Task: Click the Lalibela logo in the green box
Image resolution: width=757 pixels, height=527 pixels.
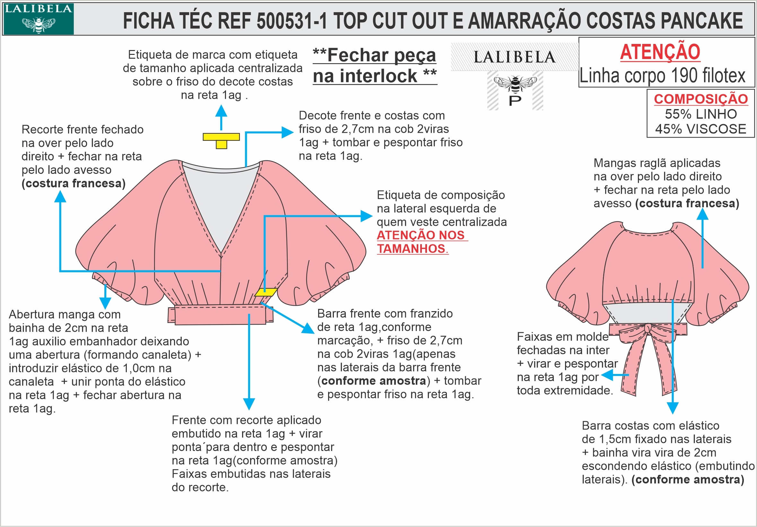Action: tap(38, 19)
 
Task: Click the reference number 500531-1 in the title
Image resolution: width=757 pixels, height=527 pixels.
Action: tap(292, 21)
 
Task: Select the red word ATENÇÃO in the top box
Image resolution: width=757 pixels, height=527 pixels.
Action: tap(660, 52)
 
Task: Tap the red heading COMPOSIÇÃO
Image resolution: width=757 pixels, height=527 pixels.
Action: tap(700, 99)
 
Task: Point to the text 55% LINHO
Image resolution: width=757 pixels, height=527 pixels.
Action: tap(700, 114)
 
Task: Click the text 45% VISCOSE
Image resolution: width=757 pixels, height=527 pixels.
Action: tap(700, 129)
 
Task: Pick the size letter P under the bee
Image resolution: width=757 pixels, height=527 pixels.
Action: tap(515, 101)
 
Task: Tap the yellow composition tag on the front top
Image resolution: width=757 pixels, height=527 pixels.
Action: tap(265, 292)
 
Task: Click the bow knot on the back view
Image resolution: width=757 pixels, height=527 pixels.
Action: tap(648, 328)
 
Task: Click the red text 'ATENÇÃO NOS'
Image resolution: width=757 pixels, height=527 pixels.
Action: tap(421, 235)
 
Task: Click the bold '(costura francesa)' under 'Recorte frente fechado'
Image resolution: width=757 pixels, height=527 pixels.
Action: tap(74, 183)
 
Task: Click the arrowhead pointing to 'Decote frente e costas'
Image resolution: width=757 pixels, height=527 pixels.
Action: tap(288, 132)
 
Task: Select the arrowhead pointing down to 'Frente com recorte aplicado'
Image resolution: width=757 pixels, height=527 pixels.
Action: tap(249, 404)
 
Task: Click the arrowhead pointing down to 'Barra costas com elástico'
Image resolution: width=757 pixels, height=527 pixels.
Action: tap(673, 408)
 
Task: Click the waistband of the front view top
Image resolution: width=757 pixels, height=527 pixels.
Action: tap(220, 315)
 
